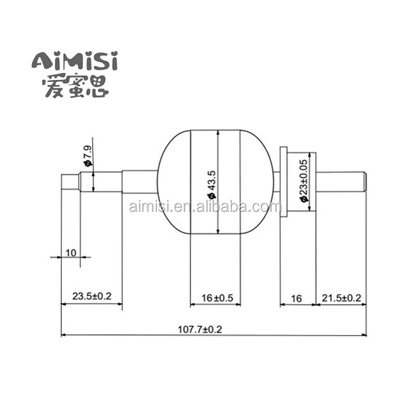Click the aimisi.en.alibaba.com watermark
click(x=204, y=207)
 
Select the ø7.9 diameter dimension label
click(x=87, y=156)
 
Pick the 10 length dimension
click(x=70, y=253)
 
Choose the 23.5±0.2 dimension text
click(x=91, y=297)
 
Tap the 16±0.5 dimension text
click(x=217, y=298)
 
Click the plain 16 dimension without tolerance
click(x=296, y=298)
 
